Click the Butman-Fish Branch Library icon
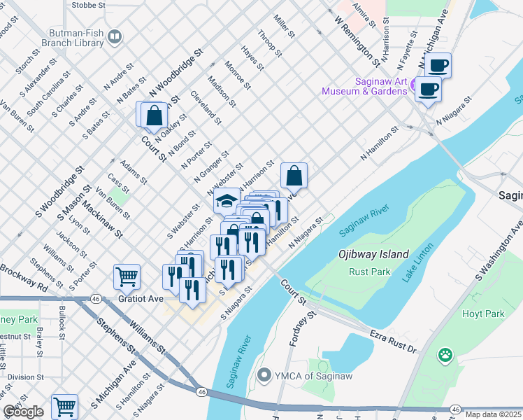tap(114, 36)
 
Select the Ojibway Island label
tap(373, 255)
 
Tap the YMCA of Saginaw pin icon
tap(264, 376)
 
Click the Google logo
tap(23, 412)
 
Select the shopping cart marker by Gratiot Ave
tap(127, 276)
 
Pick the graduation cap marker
tap(226, 202)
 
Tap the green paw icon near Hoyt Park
tap(445, 356)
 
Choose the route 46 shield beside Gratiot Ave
tap(95, 299)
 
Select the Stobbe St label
tap(89, 4)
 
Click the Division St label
tap(25, 377)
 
